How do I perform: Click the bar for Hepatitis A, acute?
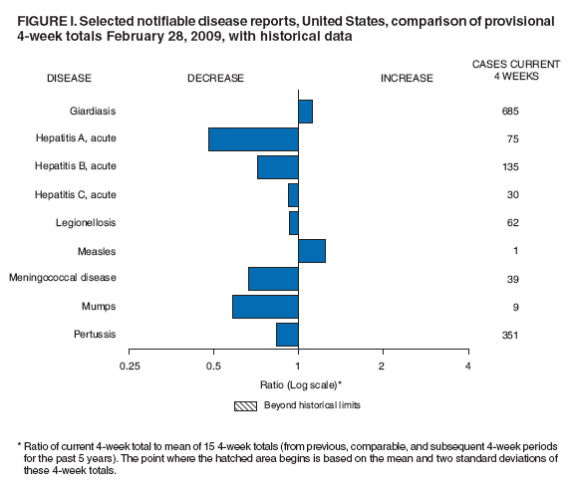point(253,138)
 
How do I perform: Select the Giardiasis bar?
point(305,111)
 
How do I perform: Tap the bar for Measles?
point(312,250)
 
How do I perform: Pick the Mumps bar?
point(265,306)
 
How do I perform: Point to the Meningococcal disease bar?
point(273,278)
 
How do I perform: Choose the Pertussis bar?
point(287,335)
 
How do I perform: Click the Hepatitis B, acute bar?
point(278,166)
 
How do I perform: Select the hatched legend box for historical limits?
point(245,405)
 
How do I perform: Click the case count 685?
point(510,111)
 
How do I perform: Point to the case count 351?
point(510,335)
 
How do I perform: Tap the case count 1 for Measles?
point(510,250)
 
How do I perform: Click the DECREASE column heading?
point(216,78)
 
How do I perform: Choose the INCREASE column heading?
point(407,78)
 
